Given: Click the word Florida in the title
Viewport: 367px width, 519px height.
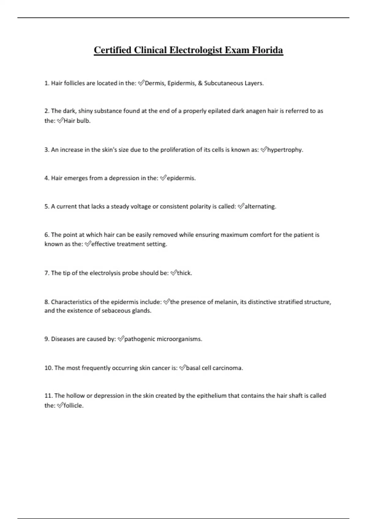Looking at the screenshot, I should click(268, 50).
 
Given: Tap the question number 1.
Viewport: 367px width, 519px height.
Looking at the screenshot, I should click(46, 83).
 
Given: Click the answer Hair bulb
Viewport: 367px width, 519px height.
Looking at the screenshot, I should click(77, 121).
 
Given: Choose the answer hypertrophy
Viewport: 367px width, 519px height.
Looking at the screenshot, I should click(285, 150).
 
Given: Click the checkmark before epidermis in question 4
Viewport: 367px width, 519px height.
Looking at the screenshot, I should click(163, 178).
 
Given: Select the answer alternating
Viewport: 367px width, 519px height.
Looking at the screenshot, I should click(260, 206).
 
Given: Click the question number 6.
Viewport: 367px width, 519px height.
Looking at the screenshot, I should click(47, 235).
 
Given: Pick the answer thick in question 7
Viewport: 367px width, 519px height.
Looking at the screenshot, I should click(184, 273).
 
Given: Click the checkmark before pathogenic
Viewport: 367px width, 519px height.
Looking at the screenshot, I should click(121, 339).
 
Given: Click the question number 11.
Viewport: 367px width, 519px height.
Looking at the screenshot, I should click(48, 396).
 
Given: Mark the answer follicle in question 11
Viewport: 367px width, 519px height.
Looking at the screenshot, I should click(73, 405).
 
